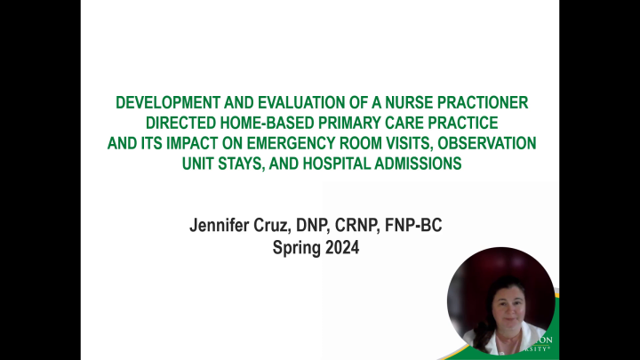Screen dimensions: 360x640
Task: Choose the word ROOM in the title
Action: point(370,141)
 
